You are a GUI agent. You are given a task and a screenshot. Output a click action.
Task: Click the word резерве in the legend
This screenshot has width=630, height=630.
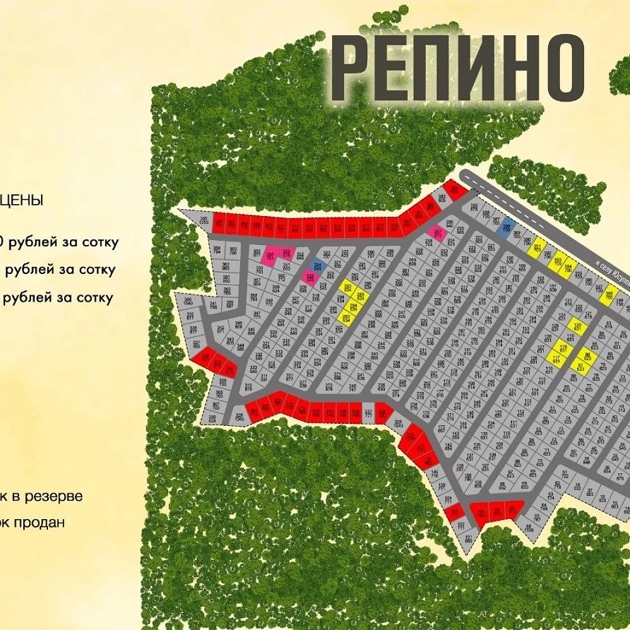point(53,496)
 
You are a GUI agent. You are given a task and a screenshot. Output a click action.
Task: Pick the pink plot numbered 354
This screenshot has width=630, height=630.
point(270,254)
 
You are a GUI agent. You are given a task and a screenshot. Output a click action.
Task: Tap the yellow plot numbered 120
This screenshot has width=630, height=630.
point(577,326)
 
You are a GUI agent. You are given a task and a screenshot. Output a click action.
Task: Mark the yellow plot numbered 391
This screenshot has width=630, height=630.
point(537,248)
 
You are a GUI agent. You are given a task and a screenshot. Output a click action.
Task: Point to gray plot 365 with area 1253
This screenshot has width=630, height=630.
point(202,220)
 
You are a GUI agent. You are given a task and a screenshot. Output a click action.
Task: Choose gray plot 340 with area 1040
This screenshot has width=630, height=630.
point(188,302)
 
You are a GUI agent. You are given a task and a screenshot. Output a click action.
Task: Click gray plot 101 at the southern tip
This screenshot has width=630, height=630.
point(468,538)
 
